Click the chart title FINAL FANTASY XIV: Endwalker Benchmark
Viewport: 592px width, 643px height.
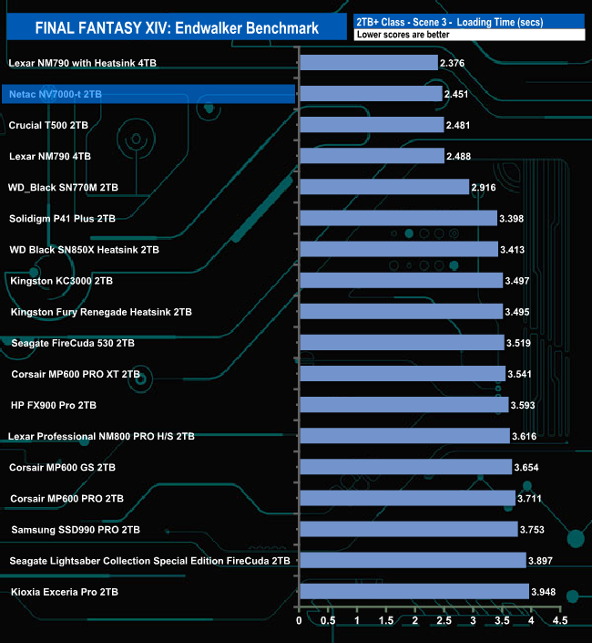(177, 28)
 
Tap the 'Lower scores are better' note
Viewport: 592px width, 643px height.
(402, 35)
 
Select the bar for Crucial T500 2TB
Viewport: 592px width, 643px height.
(371, 125)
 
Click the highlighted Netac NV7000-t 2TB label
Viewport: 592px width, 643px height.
(56, 94)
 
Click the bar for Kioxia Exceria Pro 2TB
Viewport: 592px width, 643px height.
(413, 592)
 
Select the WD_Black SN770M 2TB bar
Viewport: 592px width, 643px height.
(383, 187)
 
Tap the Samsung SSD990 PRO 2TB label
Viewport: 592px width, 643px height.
(76, 529)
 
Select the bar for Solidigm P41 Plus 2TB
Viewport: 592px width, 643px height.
(398, 218)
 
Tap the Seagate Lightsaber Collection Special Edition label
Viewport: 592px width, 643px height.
(149, 560)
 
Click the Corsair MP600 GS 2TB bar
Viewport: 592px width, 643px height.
(405, 467)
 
